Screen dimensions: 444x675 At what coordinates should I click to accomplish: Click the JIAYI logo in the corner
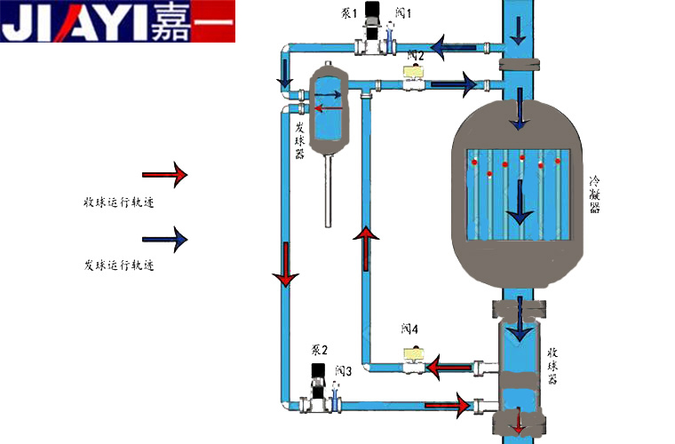tap(117, 22)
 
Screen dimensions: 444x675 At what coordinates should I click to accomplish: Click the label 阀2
tap(416, 56)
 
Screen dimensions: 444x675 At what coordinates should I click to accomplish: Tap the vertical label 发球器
tap(300, 141)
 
